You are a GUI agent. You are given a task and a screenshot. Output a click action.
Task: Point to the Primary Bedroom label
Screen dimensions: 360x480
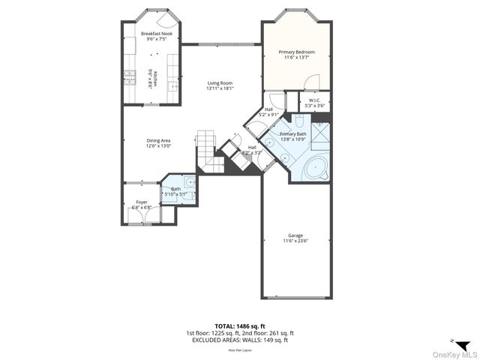tap(297, 52)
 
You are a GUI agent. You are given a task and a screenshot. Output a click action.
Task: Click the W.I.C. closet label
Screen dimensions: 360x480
tap(315, 101)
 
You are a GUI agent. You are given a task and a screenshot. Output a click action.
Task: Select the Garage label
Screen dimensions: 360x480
tap(295, 235)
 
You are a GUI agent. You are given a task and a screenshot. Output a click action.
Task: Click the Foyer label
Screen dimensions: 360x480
tap(142, 202)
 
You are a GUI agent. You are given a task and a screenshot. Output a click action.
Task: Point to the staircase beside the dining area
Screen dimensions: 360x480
tap(207, 146)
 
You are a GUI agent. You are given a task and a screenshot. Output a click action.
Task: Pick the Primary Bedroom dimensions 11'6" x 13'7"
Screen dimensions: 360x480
tap(297, 57)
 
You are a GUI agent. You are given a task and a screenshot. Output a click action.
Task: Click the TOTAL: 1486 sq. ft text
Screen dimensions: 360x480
tap(239, 327)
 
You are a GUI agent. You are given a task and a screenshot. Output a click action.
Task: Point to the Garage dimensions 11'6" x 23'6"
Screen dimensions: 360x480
tap(295, 241)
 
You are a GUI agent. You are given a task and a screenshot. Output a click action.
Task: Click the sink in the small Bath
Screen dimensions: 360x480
tap(190, 182)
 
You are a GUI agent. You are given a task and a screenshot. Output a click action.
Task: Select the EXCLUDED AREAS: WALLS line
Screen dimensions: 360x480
tap(239, 340)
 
